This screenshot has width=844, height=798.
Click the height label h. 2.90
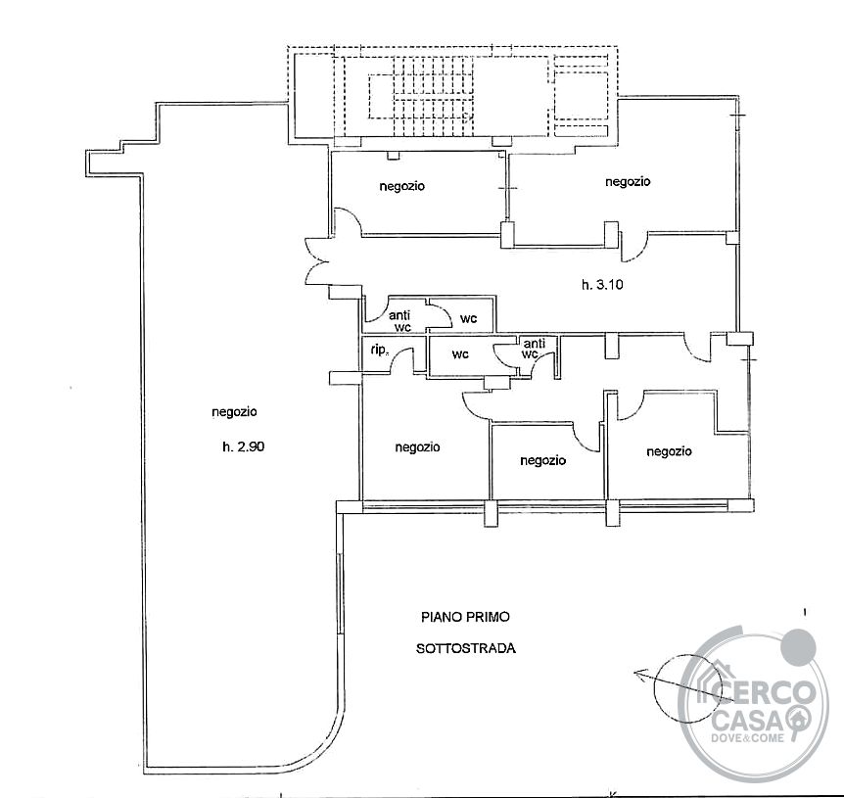(243, 446)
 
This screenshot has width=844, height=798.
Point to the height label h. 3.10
(602, 284)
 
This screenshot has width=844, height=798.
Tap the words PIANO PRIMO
(465, 617)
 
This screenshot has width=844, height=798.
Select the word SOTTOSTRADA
(466, 648)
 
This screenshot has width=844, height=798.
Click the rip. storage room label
(379, 350)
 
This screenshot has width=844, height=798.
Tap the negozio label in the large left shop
(234, 412)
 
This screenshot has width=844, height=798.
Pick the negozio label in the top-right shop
(628, 181)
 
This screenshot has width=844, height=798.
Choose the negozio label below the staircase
(401, 186)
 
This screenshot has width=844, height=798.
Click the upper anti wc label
(399, 321)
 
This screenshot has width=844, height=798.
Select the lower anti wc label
(533, 349)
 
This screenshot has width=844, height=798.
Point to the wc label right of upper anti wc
(468, 318)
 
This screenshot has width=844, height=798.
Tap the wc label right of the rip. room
(460, 354)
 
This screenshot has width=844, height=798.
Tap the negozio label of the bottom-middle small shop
(543, 460)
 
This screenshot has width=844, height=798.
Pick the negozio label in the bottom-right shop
(669, 451)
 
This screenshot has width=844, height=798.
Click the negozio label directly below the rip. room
(418, 447)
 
